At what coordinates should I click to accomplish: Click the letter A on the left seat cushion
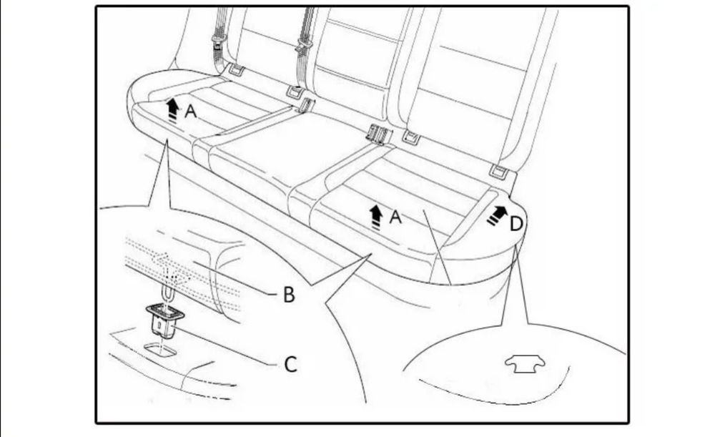point(191,112)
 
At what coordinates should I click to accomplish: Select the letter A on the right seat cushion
point(395,217)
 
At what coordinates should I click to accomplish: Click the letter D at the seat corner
point(516,224)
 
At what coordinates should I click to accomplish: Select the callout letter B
point(289,295)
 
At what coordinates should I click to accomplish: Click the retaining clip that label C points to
point(164,318)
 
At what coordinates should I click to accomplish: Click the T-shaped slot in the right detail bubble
point(525,365)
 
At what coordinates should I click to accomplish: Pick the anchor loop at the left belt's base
point(235,70)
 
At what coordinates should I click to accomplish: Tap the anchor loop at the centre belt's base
point(293,92)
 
